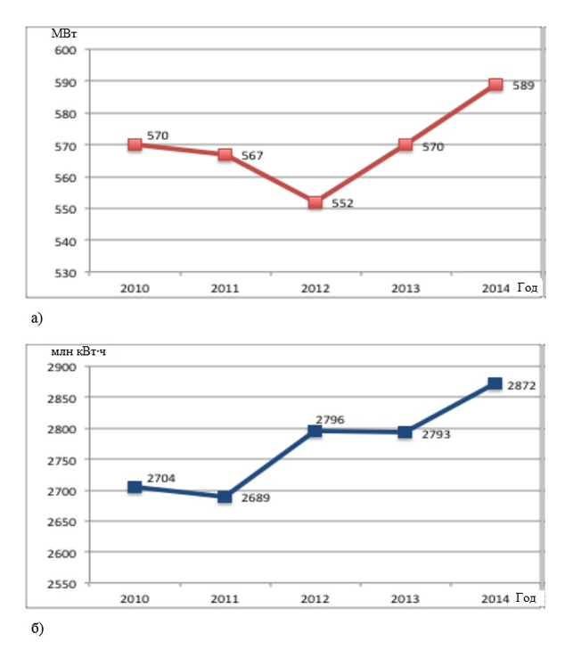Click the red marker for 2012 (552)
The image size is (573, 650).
315,202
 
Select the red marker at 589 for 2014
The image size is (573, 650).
495,85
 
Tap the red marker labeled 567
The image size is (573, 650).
225,154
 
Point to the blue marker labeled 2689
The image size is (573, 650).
225,497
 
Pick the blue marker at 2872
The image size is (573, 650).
495,383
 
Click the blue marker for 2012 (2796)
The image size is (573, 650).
315,431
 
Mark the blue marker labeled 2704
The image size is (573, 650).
135,487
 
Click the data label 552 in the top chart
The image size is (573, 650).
342,203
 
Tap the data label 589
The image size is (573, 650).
523,86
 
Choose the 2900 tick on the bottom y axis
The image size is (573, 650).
63,367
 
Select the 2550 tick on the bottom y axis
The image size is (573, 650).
63,584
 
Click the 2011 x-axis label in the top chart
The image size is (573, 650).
225,288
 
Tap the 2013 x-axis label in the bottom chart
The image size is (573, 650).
405,598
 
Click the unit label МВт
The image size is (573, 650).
64,34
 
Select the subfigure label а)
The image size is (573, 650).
36,316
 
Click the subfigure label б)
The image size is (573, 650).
37,629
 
